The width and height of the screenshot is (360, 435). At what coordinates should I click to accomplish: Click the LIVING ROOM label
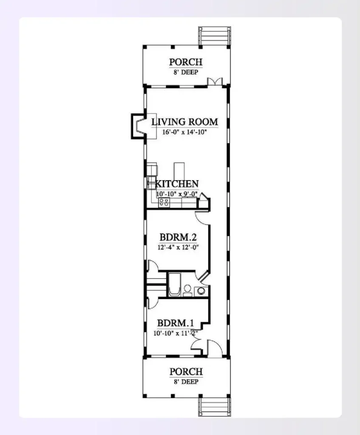185,122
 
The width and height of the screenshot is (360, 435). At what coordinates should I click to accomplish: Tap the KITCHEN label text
177,184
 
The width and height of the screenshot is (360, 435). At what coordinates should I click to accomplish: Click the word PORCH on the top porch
186,62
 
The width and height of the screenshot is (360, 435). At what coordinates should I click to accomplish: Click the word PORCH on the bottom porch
186,372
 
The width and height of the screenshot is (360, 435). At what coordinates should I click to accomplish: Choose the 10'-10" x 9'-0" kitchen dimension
176,193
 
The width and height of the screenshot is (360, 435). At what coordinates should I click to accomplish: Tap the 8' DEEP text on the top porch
186,72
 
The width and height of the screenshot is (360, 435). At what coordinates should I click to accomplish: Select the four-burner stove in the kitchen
164,203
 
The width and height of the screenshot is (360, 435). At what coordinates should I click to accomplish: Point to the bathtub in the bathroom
174,285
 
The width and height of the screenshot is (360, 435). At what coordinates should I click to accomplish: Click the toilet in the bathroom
187,290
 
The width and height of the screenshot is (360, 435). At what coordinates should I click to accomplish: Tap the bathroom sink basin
201,291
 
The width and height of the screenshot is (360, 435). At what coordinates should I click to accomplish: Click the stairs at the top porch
215,36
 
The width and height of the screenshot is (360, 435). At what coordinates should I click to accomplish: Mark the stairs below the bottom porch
214,407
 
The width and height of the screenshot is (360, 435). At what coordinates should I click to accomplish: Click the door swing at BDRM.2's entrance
201,217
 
